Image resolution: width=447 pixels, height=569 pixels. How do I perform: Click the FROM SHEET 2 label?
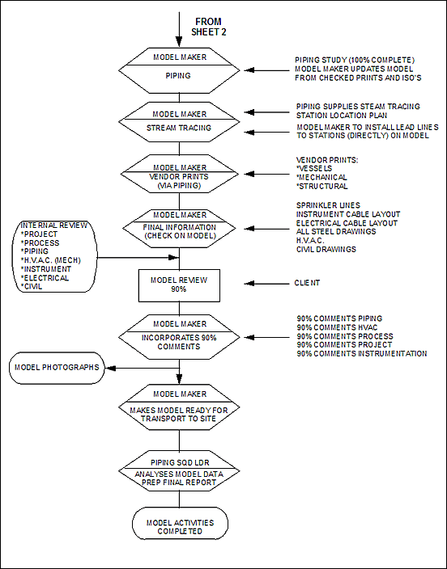209,27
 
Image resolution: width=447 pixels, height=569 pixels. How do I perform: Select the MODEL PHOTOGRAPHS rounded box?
57,368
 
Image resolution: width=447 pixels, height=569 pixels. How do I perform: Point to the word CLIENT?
307,283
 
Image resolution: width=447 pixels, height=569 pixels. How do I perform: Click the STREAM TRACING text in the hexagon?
179,128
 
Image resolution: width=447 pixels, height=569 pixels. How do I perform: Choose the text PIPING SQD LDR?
180,462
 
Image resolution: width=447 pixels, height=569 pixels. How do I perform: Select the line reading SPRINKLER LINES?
328,205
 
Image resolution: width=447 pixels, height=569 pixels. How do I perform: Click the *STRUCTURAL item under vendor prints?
321,186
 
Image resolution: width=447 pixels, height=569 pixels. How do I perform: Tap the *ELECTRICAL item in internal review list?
45,278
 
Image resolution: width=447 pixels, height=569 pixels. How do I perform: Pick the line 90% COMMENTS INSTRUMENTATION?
361,353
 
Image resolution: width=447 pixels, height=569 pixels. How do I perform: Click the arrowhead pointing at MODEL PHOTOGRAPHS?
110,368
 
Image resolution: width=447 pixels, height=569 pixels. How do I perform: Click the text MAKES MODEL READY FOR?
179,411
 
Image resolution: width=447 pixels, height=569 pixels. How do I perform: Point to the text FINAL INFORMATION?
179,227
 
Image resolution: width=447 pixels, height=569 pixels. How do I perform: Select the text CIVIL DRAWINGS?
326,249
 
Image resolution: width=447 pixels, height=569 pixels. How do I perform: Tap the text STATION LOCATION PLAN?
342,116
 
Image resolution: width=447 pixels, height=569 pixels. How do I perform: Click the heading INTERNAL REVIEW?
53,225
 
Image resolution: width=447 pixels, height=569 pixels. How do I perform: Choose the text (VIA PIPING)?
179,185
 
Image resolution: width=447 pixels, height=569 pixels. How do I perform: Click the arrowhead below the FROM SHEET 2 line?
179,41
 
